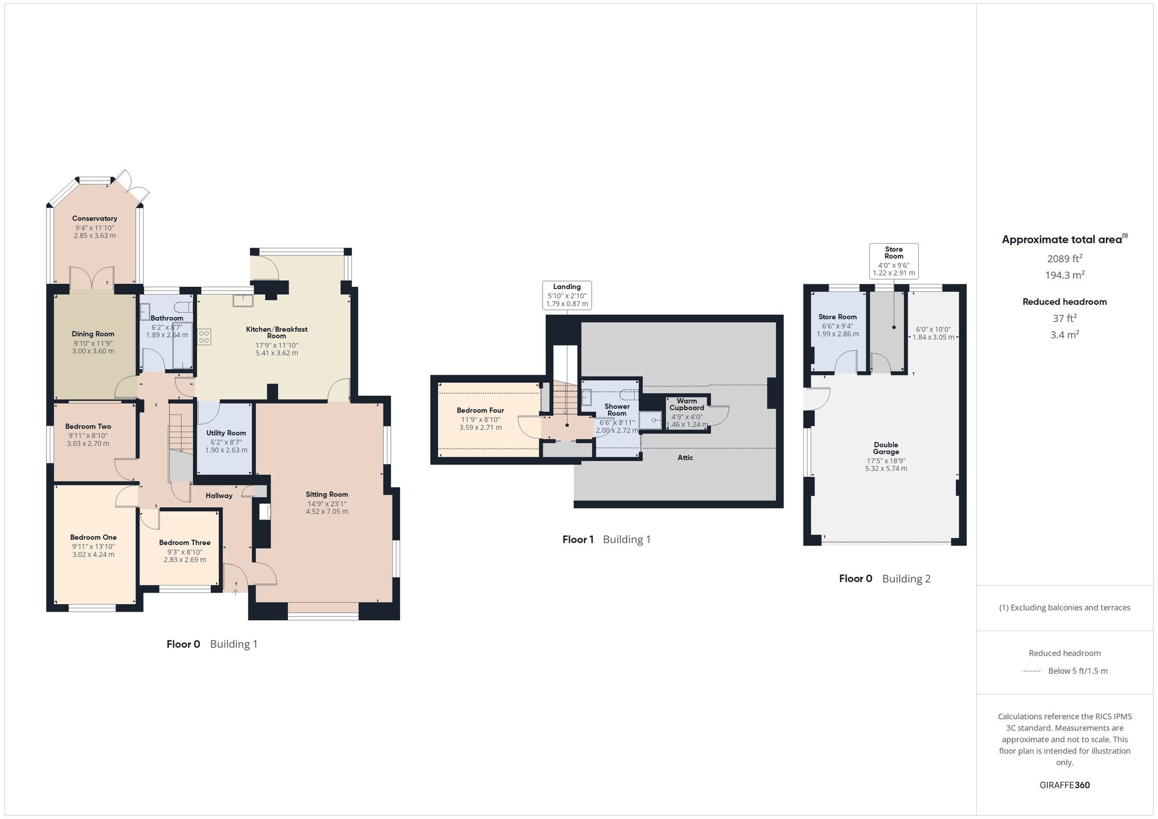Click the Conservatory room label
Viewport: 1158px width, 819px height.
click(x=94, y=218)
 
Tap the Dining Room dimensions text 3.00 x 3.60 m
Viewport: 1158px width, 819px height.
click(x=93, y=351)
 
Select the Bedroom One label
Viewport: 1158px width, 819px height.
click(x=93, y=538)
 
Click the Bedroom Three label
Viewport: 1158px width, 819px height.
click(x=185, y=543)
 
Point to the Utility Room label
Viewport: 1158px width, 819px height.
click(x=226, y=433)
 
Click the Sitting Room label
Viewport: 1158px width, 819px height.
click(x=327, y=495)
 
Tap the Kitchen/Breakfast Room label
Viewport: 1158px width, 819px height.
click(x=277, y=332)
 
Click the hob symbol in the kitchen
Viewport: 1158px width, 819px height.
click(x=204, y=337)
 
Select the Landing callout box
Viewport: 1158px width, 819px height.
click(x=567, y=295)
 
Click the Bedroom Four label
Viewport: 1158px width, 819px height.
click(x=480, y=411)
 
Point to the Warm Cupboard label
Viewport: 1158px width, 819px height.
click(x=687, y=404)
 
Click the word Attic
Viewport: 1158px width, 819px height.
click(x=685, y=458)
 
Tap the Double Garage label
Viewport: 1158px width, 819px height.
click(x=886, y=448)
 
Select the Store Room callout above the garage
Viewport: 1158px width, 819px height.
click(x=893, y=261)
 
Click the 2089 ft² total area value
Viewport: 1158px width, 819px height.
click(x=1064, y=259)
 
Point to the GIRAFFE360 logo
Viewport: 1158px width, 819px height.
click(x=1064, y=785)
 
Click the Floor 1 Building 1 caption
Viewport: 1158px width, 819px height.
click(x=606, y=540)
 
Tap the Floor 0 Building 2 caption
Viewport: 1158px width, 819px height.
click(x=884, y=579)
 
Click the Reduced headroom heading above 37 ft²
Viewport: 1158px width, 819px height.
click(x=1064, y=302)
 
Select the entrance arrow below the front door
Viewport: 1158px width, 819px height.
click(x=236, y=591)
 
